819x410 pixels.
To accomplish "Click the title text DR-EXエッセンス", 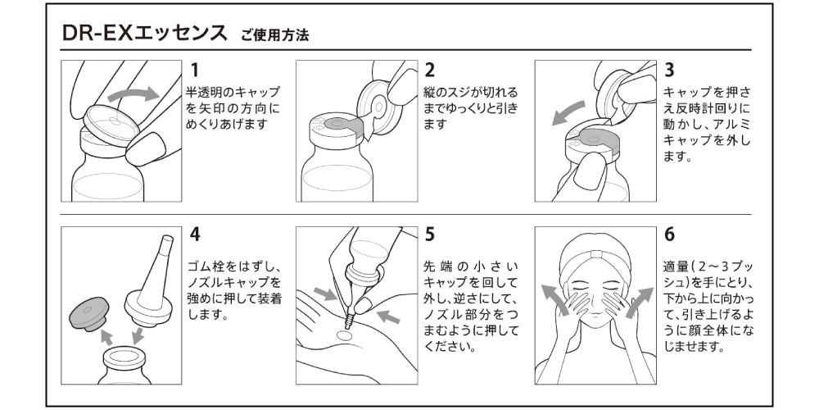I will [146, 34].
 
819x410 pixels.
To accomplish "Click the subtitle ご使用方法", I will [274, 37].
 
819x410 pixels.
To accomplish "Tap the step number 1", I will [195, 71].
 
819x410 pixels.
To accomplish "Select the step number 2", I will [430, 71].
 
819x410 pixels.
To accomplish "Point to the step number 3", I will [669, 71].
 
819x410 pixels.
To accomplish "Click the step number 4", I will [195, 234].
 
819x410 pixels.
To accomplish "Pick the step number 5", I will [430, 234].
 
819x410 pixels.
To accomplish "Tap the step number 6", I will [669, 234].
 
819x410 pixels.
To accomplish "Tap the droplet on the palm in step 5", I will [346, 335].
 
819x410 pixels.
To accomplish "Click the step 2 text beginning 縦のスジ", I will [470, 108].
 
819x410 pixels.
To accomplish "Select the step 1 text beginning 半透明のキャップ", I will [233, 108].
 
